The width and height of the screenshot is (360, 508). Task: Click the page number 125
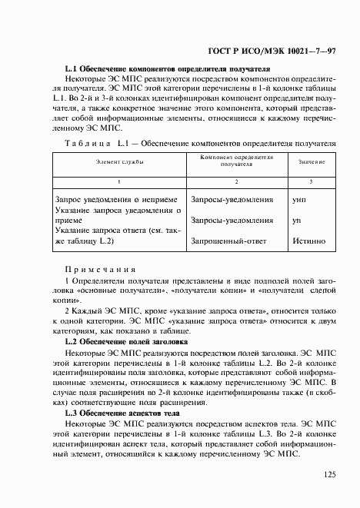click(x=328, y=475)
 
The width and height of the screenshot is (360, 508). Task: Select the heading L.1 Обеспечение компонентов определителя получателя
click(x=167, y=68)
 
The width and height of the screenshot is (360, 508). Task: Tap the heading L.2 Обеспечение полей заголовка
click(x=131, y=341)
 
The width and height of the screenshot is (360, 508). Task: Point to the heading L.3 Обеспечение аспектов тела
click(x=125, y=413)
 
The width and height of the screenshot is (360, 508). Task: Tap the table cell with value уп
click(x=298, y=221)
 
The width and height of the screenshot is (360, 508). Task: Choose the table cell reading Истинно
click(x=308, y=241)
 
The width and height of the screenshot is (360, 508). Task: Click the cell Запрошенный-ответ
click(x=228, y=241)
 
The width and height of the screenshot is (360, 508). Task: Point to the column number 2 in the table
click(x=236, y=181)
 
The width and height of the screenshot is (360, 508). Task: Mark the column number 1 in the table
click(x=118, y=181)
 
